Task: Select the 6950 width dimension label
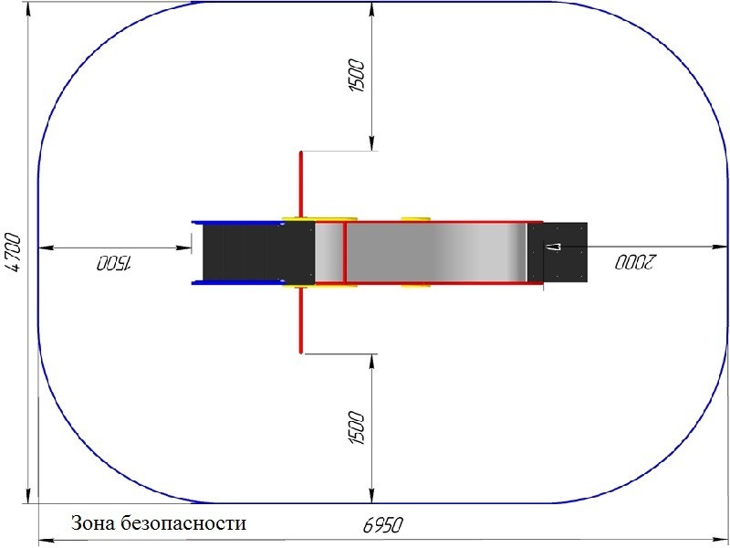pos(382,524)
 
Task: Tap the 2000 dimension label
pos(634,262)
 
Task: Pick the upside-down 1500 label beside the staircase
pos(115,263)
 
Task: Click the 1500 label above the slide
pos(357,76)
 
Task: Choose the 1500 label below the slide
pos(357,427)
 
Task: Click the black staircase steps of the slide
pos(258,253)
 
